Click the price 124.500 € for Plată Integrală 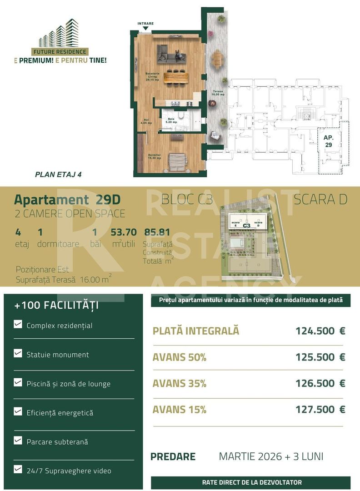coord(320,331)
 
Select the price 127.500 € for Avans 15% coord(320,410)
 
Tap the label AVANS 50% coord(180,357)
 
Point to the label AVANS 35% coord(180,384)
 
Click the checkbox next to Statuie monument coord(18,353)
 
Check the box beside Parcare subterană coord(18,440)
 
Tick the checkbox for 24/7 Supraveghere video coord(18,469)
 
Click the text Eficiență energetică coord(60,413)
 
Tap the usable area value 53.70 coord(123,232)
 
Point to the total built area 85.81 coord(157,232)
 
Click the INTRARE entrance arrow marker coord(145,27)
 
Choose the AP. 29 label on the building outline coord(328,141)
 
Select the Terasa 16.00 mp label coord(218,93)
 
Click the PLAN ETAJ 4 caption coord(58,174)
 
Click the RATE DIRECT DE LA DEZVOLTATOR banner coord(251,482)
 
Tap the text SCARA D coord(320,200)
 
